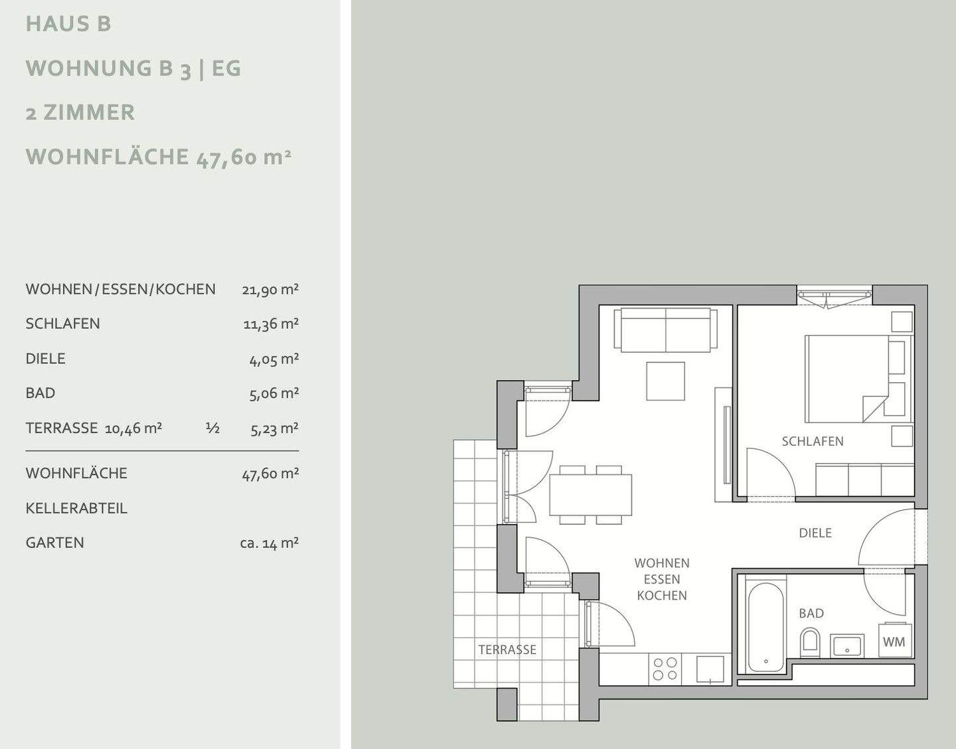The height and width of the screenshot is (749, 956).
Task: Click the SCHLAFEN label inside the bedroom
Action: [x=813, y=441]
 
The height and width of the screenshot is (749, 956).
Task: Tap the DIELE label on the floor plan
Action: [x=815, y=533]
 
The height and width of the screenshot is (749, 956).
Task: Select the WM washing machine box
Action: [x=894, y=642]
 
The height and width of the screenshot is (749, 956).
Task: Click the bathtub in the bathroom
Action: [x=766, y=627]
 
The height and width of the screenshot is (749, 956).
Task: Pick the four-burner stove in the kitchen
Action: [x=665, y=669]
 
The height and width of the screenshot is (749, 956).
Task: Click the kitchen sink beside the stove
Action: [x=710, y=670]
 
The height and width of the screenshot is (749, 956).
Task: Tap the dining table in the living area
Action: [x=590, y=495]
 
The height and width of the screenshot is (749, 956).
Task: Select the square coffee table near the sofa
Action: [x=665, y=381]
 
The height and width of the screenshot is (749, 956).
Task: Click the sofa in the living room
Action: [x=665, y=330]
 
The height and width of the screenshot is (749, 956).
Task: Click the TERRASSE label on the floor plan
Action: [x=507, y=649]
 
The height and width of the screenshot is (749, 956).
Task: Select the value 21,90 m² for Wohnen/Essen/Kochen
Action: [x=270, y=290]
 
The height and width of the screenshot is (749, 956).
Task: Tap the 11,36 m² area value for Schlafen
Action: [x=271, y=324]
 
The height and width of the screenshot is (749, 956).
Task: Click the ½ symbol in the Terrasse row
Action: [x=212, y=428]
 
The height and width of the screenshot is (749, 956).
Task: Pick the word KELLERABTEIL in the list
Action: [x=76, y=508]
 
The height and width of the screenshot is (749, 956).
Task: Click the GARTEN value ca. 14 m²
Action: [x=270, y=543]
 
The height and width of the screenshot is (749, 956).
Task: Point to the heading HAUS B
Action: [x=68, y=24]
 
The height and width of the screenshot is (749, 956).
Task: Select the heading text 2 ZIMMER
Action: [x=80, y=113]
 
